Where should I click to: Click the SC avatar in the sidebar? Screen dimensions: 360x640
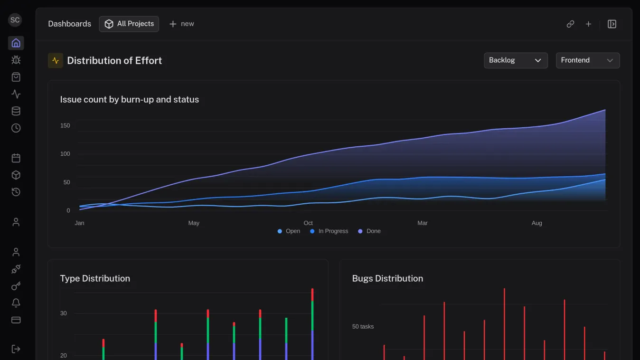coord(15,20)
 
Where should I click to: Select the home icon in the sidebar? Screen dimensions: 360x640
coord(16,43)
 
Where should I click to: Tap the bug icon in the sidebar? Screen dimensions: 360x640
coord(16,60)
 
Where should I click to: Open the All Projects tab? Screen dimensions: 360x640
coord(129,24)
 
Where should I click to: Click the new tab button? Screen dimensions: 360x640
coord(181,24)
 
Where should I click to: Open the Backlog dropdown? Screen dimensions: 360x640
coord(515,60)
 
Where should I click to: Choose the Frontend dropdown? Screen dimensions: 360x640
coord(587,60)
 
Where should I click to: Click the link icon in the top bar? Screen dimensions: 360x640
coord(570,24)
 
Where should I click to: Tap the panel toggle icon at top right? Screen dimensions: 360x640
coord(612,24)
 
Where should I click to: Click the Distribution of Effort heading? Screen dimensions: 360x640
coord(114,60)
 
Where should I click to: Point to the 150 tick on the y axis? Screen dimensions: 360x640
coord(65,125)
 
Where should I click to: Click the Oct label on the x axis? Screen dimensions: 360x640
coord(308,223)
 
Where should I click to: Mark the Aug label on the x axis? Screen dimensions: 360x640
coord(536,223)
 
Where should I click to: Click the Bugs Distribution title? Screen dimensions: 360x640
coord(387,278)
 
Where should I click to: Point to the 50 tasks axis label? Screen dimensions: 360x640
coord(363,326)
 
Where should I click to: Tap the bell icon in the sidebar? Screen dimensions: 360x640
coord(16,303)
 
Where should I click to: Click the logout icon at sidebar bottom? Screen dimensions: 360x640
coord(16,349)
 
